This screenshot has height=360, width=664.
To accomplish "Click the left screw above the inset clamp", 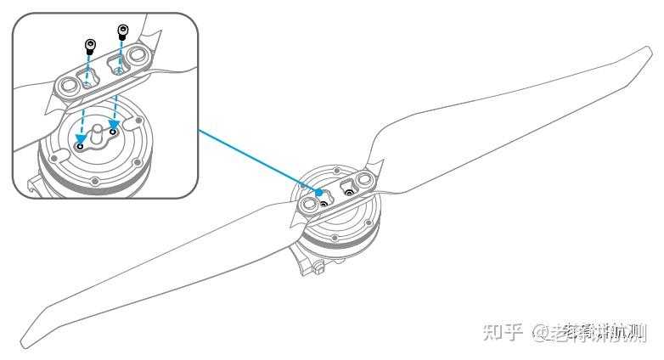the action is coord(89,46).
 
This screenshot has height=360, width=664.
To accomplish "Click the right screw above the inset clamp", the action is coord(123,33).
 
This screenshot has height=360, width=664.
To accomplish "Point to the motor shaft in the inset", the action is coord(95,130).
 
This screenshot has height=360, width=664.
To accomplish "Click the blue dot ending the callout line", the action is coord(319,192).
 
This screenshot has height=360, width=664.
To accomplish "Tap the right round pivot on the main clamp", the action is coord(367,179).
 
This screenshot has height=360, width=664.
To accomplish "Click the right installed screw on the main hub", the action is coord(347,192).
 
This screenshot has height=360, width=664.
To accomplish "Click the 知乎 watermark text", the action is coord(502,333).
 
